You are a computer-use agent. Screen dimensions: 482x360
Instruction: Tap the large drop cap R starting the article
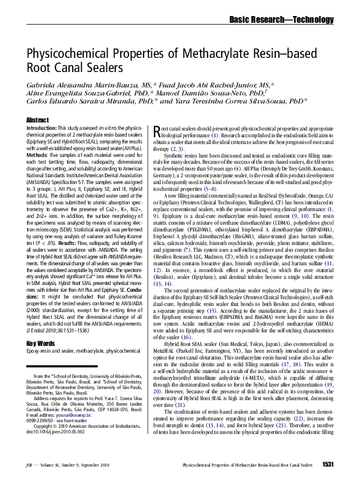(158, 130)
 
